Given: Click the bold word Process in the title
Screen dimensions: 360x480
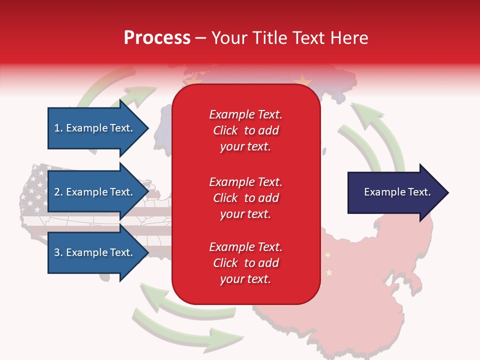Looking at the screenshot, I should pos(157,38).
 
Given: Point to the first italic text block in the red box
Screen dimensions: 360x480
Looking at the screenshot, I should pos(245,130).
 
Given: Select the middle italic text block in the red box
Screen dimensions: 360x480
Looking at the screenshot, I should pos(245,198).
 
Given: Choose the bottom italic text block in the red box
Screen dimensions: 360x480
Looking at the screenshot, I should pos(245,263).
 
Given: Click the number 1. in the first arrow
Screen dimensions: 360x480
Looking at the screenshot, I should pos(58,128).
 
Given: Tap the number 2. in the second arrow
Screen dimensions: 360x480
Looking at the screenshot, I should pos(58,192).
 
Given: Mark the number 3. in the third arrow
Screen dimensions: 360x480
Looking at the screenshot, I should pos(58,252).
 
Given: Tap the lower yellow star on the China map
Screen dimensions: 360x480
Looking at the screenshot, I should pos(329,272).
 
